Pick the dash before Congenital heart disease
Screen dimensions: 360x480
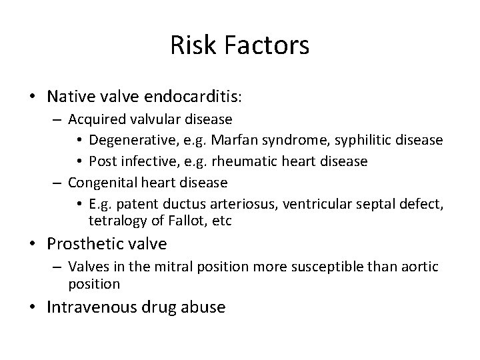[57, 181]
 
